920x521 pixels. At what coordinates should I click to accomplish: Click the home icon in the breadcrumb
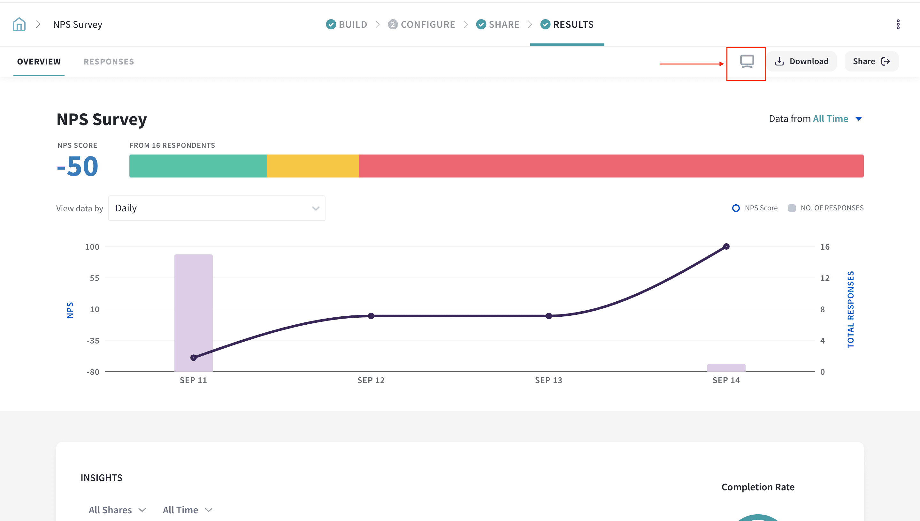click(x=19, y=24)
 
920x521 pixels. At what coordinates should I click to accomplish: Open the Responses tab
click(x=109, y=62)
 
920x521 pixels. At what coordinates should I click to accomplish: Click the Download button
click(x=801, y=61)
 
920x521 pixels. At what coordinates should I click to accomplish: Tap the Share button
click(x=871, y=61)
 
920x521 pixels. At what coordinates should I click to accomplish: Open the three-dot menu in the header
click(x=898, y=24)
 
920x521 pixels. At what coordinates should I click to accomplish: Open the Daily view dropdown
click(x=217, y=208)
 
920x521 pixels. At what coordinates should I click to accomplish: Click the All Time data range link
click(x=831, y=119)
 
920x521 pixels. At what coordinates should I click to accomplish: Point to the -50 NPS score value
click(x=78, y=166)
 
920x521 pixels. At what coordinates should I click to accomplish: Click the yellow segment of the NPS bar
click(x=313, y=166)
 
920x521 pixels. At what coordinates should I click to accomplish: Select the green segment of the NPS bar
click(x=198, y=166)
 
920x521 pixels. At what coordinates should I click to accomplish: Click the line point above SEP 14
click(x=726, y=246)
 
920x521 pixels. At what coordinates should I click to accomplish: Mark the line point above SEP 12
click(x=371, y=316)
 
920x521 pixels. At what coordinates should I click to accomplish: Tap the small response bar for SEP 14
click(x=726, y=368)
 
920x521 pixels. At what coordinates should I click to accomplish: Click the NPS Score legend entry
click(x=755, y=208)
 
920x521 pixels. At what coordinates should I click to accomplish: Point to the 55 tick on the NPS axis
click(x=95, y=278)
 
